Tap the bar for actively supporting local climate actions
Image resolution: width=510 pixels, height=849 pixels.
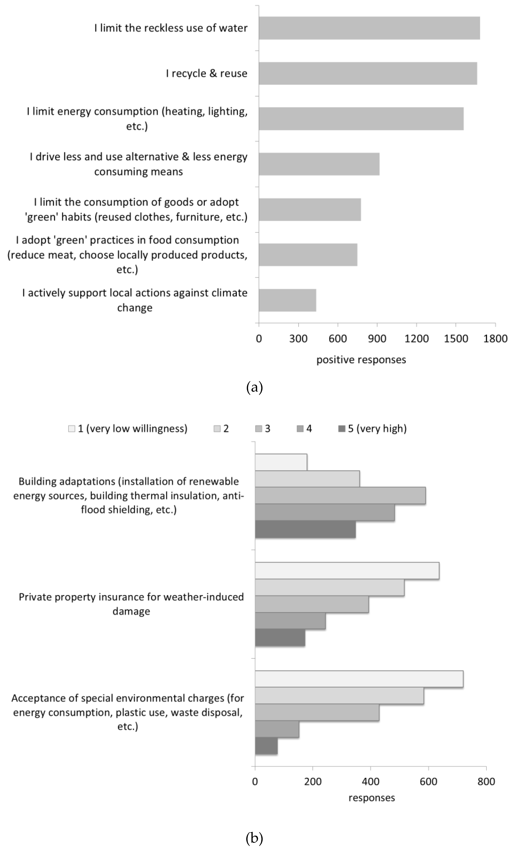coord(287,300)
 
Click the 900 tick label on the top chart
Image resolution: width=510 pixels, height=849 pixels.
coord(377,339)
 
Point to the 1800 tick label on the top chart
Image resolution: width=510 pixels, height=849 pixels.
coord(495,339)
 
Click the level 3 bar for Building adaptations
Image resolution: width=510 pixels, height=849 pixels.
coord(340,495)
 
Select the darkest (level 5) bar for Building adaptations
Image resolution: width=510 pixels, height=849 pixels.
coord(305,529)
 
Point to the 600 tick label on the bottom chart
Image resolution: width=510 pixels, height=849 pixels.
coord(428,782)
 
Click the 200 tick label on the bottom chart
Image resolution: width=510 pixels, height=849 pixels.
coord(313,782)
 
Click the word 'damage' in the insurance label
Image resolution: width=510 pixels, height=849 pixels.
coord(131,611)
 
